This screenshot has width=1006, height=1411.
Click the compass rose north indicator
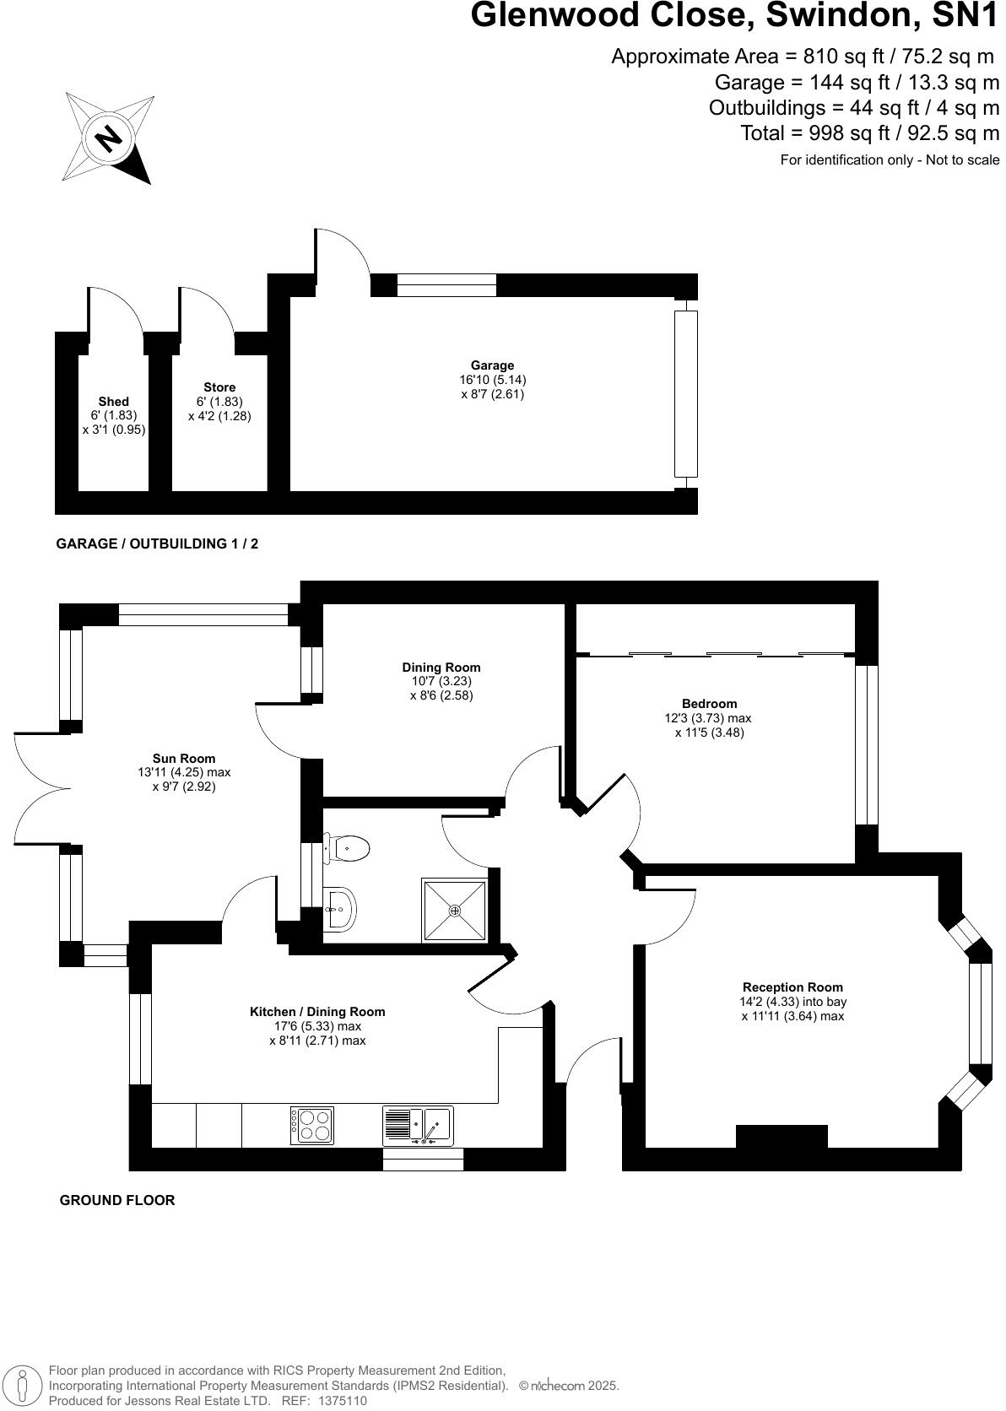(108, 138)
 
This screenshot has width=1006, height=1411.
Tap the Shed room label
(114, 402)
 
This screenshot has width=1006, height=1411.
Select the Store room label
(219, 387)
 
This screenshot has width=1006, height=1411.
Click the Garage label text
(492, 365)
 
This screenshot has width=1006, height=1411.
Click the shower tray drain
(455, 910)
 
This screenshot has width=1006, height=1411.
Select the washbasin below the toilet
(339, 909)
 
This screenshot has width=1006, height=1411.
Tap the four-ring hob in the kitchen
(312, 1126)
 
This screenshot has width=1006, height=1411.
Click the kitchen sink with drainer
(419, 1126)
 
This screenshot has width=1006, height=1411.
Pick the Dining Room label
(441, 668)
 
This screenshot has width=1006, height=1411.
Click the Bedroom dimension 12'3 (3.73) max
(707, 718)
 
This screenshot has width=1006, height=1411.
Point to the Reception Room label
(792, 987)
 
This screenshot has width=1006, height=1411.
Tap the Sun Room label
(184, 759)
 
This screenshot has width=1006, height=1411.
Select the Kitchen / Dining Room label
(317, 1012)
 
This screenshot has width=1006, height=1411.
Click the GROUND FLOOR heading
(117, 1200)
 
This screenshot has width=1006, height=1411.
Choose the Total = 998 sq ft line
(869, 133)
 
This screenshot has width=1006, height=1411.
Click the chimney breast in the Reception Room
(782, 1137)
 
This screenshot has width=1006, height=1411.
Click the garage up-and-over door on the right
(687, 392)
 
